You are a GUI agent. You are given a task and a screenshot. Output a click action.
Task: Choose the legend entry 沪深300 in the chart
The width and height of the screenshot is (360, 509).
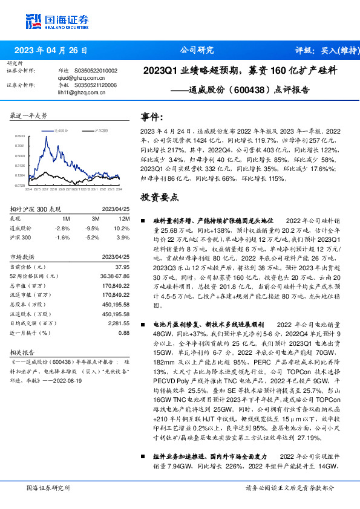[x=101, y=130]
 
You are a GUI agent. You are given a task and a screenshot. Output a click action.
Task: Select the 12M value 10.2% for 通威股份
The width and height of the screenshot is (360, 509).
[x=122, y=228]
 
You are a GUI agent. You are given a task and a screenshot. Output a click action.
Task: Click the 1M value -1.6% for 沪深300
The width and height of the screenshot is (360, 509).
[x=62, y=238]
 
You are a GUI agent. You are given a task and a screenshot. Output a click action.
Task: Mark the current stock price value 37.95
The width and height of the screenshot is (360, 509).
[x=122, y=267]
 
